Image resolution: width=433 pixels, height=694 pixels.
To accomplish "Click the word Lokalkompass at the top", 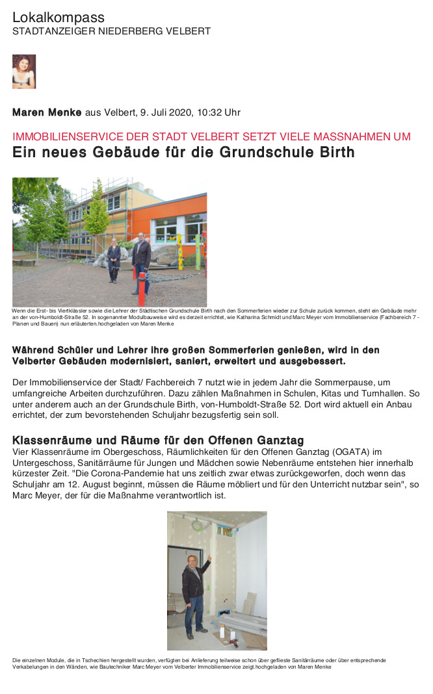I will click(59, 18).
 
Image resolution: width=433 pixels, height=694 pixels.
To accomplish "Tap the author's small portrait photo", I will click(24, 71).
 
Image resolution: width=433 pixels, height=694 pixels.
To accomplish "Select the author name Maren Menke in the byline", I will click(47, 112).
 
